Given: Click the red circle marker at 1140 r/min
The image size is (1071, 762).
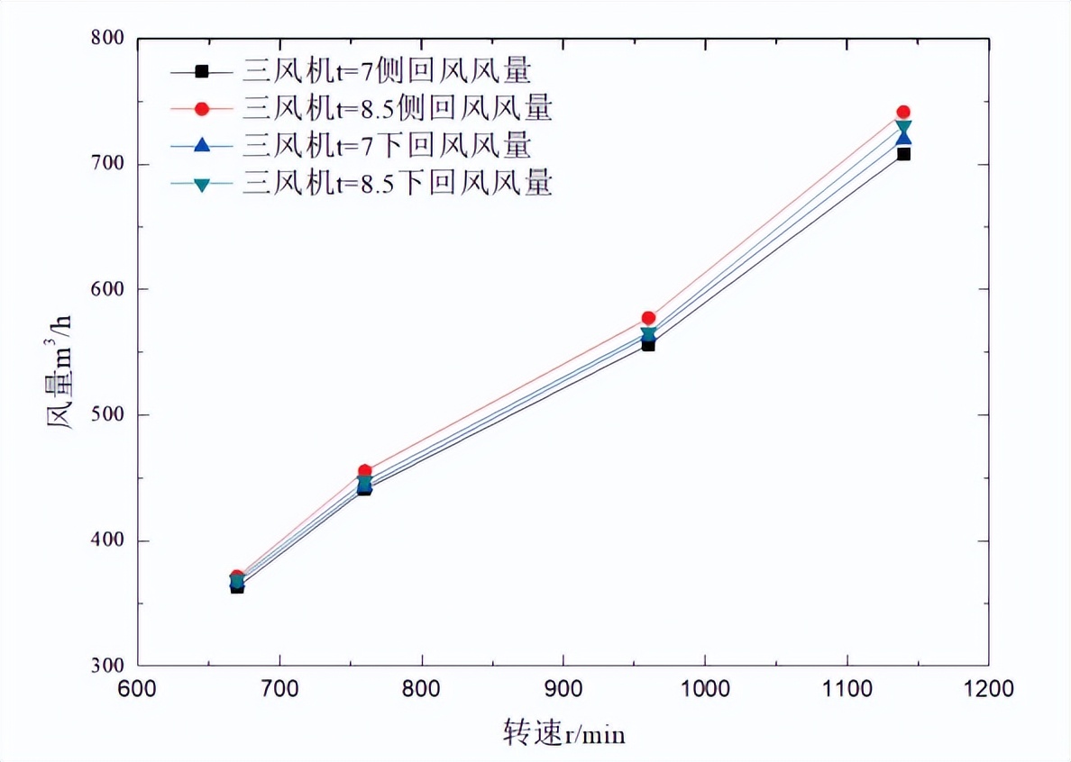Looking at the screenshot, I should [903, 113].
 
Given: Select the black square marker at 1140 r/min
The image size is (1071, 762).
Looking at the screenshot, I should [903, 154].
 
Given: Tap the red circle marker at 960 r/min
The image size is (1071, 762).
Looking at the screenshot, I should [648, 318].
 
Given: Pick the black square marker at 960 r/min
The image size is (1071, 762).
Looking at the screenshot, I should [648, 345].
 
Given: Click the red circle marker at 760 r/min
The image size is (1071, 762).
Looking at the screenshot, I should [364, 471].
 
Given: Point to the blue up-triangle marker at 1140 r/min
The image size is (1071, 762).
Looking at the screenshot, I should [903, 138].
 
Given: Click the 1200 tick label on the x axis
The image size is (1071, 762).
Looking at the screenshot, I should [988, 691].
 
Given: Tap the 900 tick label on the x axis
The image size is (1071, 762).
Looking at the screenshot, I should [563, 691].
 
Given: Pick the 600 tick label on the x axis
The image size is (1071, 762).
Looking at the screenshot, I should [138, 691].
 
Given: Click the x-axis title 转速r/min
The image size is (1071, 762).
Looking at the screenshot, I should [563, 734].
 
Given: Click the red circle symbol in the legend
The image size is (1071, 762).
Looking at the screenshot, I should [201, 109].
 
